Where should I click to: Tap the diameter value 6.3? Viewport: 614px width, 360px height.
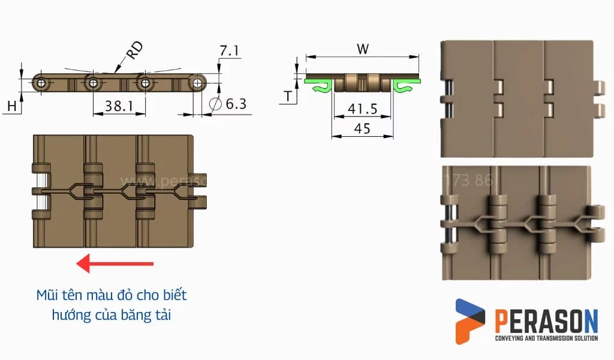click(x=236, y=104)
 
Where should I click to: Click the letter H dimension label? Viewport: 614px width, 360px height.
click(x=11, y=106)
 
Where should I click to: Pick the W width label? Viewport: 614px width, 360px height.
click(x=362, y=49)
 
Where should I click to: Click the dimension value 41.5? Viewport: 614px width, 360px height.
click(x=362, y=109)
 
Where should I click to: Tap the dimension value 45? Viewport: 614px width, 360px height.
click(x=362, y=128)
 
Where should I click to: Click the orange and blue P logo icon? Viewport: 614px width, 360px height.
click(x=470, y=321)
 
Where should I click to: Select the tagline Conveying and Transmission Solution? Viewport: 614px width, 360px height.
click(x=546, y=339)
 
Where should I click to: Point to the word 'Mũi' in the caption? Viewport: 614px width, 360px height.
click(x=47, y=295)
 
